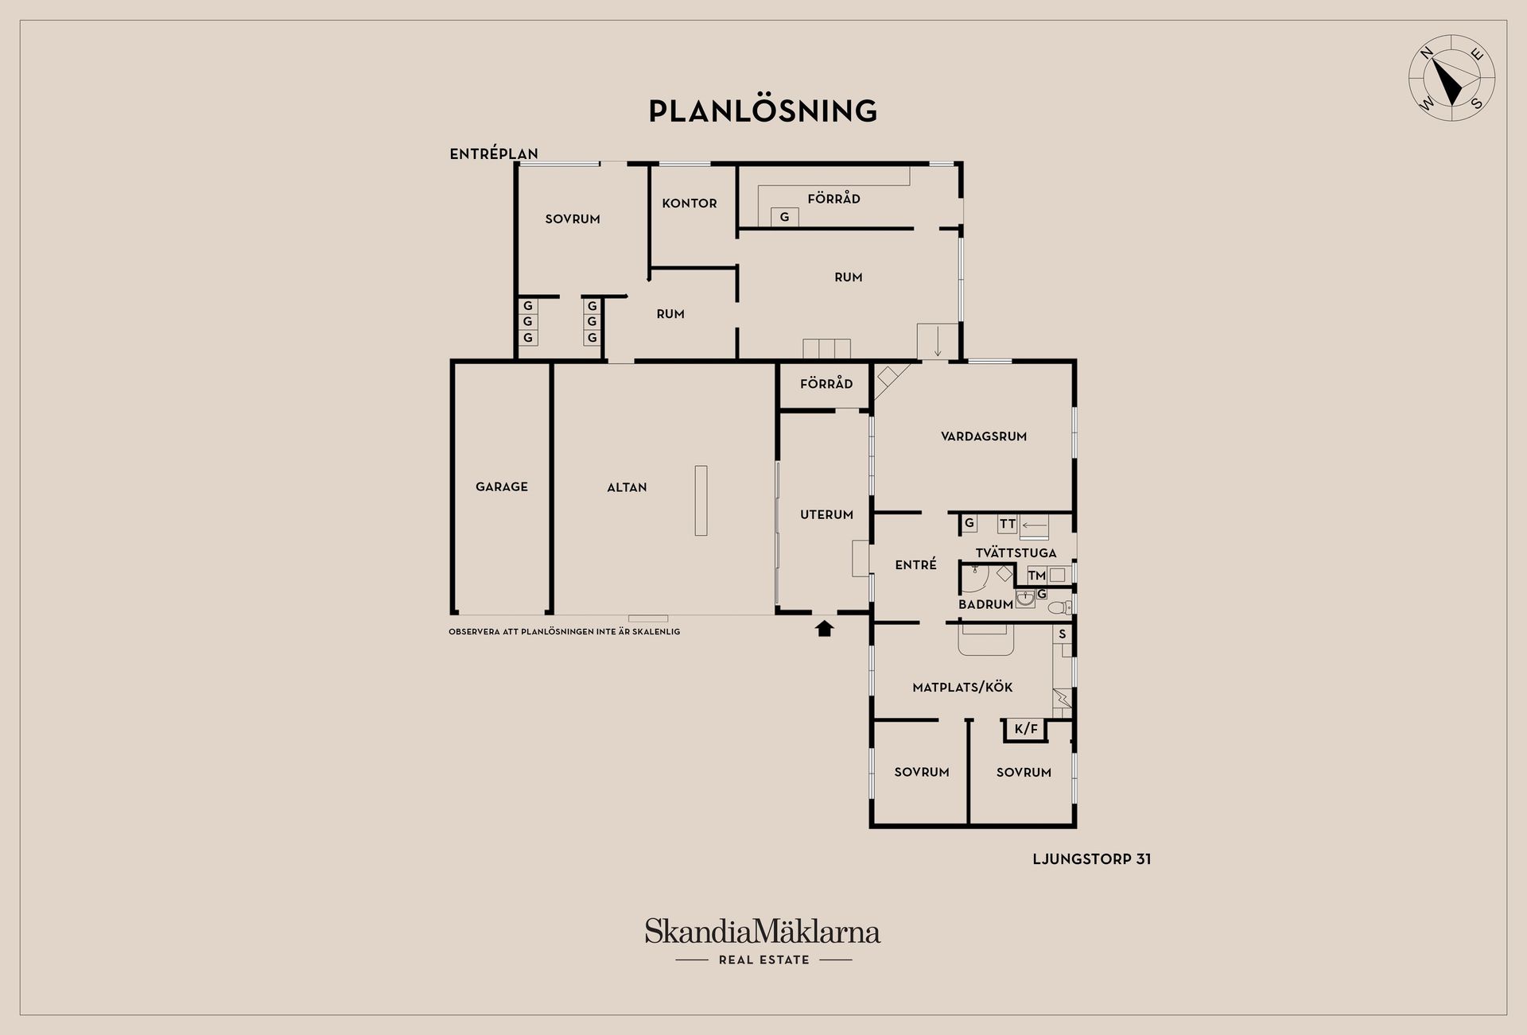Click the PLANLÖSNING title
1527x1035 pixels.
(x=763, y=110)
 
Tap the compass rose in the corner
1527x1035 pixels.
(x=1451, y=78)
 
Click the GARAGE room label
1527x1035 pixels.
(x=502, y=486)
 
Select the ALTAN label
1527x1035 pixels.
(x=627, y=487)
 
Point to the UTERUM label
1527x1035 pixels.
(x=826, y=514)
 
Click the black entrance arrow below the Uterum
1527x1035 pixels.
(x=825, y=629)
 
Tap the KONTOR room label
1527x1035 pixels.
(x=690, y=204)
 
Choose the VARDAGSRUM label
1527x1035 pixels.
(x=984, y=436)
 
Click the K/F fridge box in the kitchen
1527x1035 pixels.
(x=1026, y=729)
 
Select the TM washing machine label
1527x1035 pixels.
(x=1036, y=576)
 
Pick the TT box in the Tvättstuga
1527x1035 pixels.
(x=1008, y=524)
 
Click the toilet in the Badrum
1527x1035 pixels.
(x=1059, y=607)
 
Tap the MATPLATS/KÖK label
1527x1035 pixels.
(x=962, y=688)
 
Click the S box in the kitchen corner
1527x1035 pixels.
(x=1062, y=634)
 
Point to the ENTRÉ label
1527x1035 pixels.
(x=915, y=564)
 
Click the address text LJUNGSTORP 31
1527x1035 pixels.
(x=1091, y=859)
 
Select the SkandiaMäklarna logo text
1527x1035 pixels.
(x=763, y=932)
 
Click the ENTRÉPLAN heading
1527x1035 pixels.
(x=494, y=154)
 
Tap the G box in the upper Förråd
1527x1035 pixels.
(x=784, y=217)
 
